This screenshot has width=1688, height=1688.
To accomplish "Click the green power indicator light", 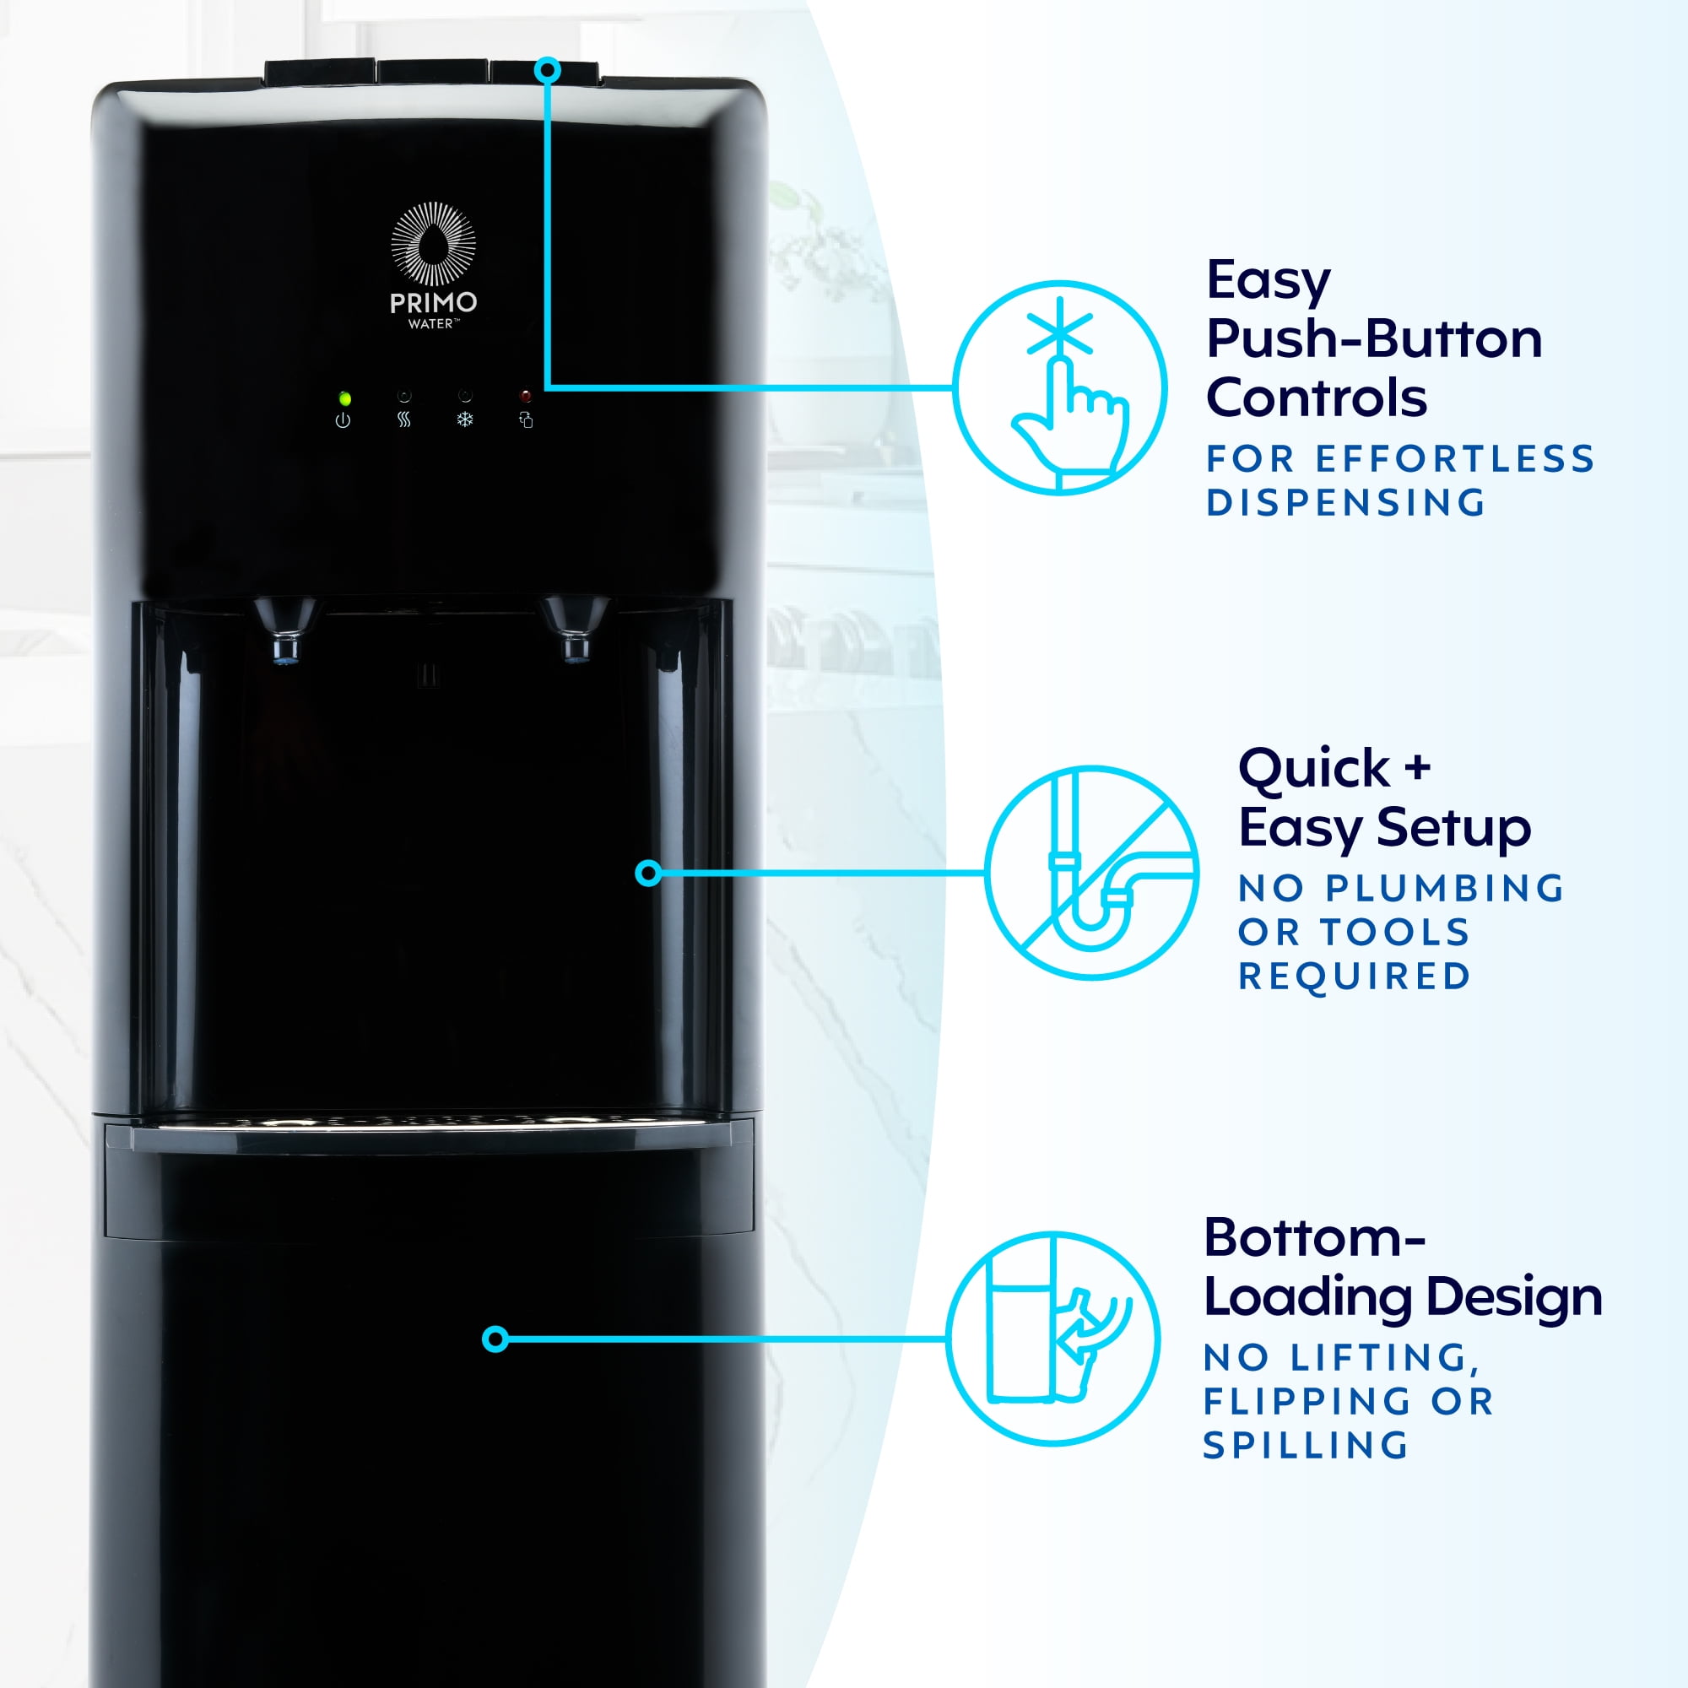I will [345, 398].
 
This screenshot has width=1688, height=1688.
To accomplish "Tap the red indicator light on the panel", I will [525, 397].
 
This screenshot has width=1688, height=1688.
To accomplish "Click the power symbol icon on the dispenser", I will [344, 420].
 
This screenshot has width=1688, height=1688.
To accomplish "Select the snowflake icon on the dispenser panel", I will [465, 420].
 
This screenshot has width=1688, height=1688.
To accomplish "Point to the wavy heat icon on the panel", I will [403, 420].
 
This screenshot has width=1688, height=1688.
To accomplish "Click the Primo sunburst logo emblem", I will [433, 244].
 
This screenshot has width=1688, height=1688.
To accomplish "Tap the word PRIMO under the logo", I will [433, 303].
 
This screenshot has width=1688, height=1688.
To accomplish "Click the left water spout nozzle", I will [284, 629].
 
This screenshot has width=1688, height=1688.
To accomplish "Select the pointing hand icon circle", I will [1059, 388].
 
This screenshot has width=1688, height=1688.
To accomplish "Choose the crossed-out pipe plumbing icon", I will [1091, 873].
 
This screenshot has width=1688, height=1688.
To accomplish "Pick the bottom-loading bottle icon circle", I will [1052, 1339].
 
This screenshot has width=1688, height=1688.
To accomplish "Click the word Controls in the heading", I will [1316, 398].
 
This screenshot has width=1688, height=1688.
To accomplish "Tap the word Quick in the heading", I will [1313, 769].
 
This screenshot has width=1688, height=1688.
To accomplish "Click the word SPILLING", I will [1307, 1446].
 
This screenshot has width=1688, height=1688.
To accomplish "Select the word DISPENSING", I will [1345, 502].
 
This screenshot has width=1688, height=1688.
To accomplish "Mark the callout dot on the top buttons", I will [548, 71].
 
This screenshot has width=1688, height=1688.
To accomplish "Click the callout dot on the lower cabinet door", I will [495, 1339].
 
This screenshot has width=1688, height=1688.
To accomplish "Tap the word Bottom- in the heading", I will [1314, 1238].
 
